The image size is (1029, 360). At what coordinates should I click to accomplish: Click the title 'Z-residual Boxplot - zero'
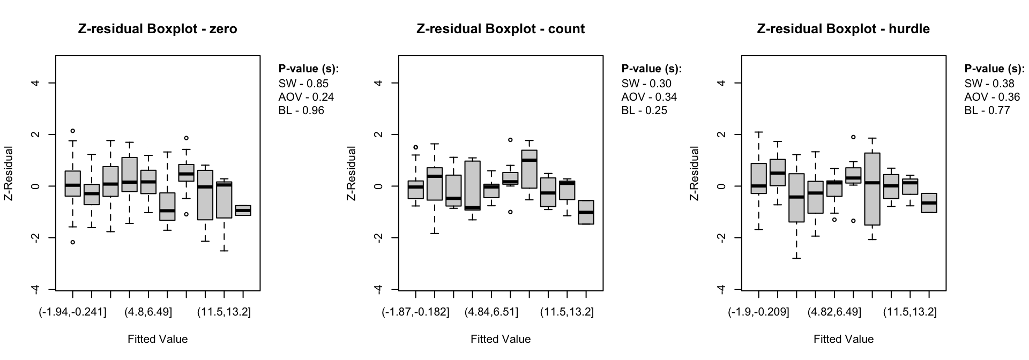pyautogui.click(x=158, y=29)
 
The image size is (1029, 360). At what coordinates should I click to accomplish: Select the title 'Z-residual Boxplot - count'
pyautogui.click(x=501, y=29)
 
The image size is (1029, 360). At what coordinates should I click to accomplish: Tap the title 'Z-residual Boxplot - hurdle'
pyautogui.click(x=843, y=29)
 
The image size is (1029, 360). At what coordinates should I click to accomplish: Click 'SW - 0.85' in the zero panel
pyautogui.click(x=303, y=84)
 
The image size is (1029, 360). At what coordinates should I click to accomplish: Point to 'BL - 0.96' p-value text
pyautogui.click(x=301, y=110)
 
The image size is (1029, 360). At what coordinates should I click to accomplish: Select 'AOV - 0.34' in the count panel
pyautogui.click(x=649, y=97)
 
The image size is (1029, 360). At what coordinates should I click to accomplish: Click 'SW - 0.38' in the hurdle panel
pyautogui.click(x=989, y=84)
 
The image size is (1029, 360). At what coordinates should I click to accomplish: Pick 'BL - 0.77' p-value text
pyautogui.click(x=987, y=110)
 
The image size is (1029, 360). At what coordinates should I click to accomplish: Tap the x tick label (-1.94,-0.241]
pyautogui.click(x=72, y=312)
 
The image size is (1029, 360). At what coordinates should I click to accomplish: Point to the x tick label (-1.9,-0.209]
pyautogui.click(x=758, y=312)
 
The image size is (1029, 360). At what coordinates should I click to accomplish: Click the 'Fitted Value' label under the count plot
pyautogui.click(x=501, y=339)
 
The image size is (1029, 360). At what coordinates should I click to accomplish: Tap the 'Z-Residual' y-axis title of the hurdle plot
pyautogui.click(x=695, y=173)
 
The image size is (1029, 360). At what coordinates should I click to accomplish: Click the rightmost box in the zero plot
pyautogui.click(x=243, y=210)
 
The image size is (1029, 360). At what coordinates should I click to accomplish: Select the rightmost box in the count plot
pyautogui.click(x=586, y=212)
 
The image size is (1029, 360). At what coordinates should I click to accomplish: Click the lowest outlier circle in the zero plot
pyautogui.click(x=72, y=242)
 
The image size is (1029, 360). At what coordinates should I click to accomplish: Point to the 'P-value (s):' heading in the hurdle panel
pyautogui.click(x=995, y=69)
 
